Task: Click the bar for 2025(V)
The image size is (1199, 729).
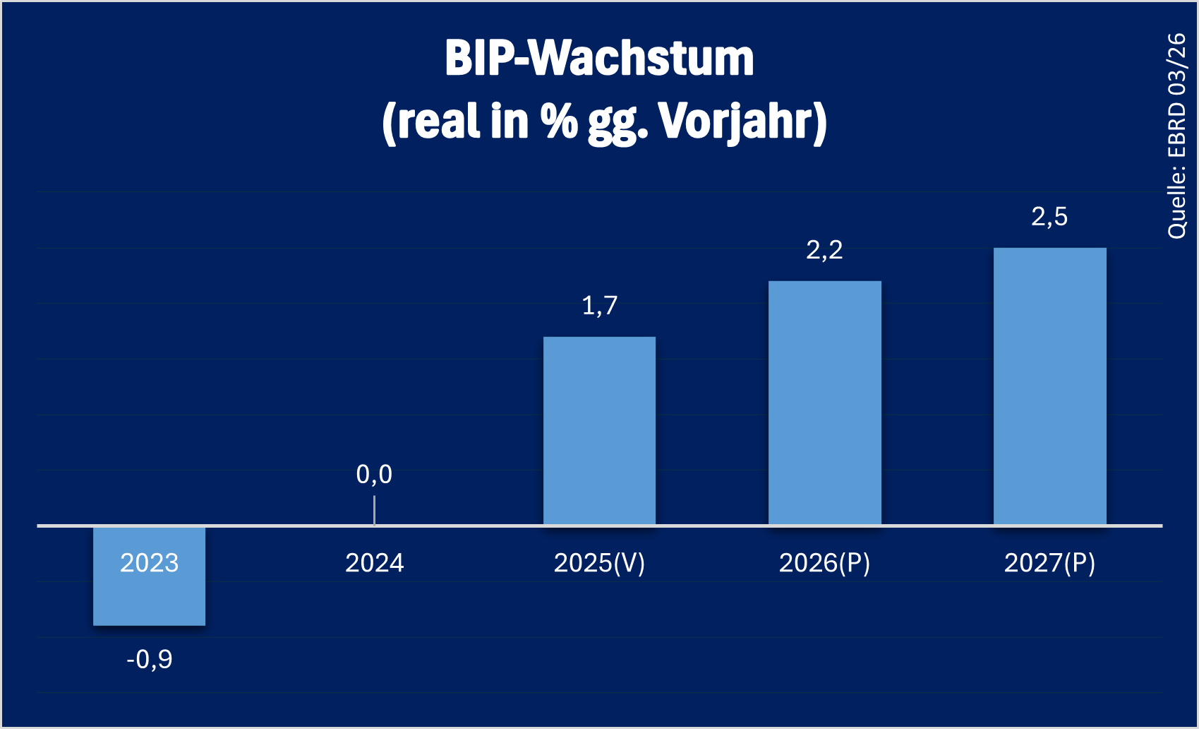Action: tap(599, 431)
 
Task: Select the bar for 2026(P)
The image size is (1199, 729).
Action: tap(824, 403)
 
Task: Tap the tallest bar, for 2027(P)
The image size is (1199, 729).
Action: tap(1049, 386)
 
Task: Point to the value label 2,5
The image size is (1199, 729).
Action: tap(1049, 217)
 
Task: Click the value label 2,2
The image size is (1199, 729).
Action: tap(824, 250)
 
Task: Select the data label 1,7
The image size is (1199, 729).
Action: tap(599, 306)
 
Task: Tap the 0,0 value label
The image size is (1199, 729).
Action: tap(374, 475)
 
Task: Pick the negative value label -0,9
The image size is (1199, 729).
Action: tap(149, 660)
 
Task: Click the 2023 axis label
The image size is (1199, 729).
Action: tap(149, 563)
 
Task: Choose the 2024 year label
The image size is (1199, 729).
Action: tap(374, 563)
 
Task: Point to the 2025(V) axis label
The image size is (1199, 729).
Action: tap(599, 563)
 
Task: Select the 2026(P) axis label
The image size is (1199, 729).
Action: tap(824, 563)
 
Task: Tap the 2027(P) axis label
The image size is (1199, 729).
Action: tap(1049, 563)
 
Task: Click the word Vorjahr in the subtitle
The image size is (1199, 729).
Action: tap(742, 121)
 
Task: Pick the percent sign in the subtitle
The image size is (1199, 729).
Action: tap(559, 121)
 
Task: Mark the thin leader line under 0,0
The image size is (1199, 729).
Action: tap(374, 510)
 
